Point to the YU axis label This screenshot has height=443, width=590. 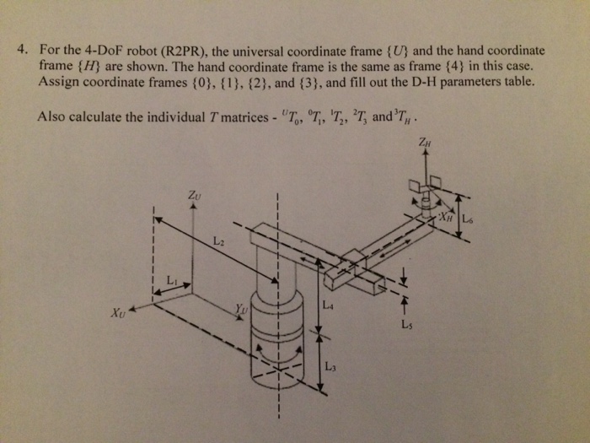point(243,310)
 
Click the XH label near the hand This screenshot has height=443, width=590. point(446,217)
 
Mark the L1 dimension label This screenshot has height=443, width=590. point(173,279)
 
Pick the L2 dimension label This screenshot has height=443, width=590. point(219,242)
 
